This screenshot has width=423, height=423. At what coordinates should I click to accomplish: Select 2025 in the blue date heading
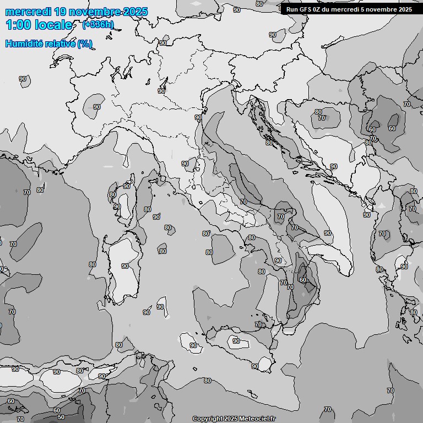point(135,12)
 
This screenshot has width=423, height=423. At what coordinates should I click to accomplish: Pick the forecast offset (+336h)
point(98,24)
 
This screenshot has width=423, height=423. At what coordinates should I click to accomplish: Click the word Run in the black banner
point(292,9)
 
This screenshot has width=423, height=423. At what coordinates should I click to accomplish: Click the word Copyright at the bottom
point(208,419)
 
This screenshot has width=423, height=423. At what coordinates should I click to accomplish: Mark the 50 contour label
point(61,417)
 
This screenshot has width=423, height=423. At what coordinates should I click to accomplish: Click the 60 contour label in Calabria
point(303,280)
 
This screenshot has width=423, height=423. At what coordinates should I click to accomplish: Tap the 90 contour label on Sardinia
point(125,266)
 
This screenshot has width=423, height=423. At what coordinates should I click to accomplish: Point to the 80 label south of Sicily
point(207,381)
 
